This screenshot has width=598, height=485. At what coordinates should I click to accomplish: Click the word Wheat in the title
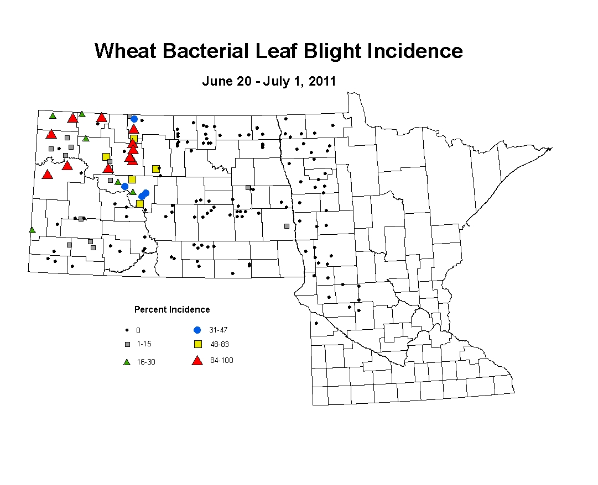pos(126,51)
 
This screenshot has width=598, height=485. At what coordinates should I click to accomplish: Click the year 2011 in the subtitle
pos(322,81)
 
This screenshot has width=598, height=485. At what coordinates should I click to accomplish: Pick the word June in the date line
pos(216,81)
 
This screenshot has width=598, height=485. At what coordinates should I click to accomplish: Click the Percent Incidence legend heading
pos(172,309)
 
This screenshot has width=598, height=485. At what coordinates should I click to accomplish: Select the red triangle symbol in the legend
pos(197,361)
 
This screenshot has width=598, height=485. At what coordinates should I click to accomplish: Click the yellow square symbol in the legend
pos(198,344)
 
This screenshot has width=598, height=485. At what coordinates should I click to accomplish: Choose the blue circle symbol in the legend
pos(197,330)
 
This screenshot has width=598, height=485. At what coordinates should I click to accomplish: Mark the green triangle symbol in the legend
pos(127,362)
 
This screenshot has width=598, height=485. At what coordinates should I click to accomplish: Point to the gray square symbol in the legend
pos(128,345)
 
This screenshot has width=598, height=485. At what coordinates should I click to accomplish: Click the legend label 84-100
pos(222,360)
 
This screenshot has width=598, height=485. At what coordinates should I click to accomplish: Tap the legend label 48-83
pos(220,344)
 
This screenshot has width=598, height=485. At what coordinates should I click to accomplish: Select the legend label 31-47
pos(218,330)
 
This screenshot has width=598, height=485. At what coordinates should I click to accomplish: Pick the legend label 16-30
pos(146,362)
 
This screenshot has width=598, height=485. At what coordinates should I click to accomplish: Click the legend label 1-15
pos(144,344)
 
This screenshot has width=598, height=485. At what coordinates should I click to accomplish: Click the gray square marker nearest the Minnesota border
pos(287,226)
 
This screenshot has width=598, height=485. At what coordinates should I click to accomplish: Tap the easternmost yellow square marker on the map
pos(155,169)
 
